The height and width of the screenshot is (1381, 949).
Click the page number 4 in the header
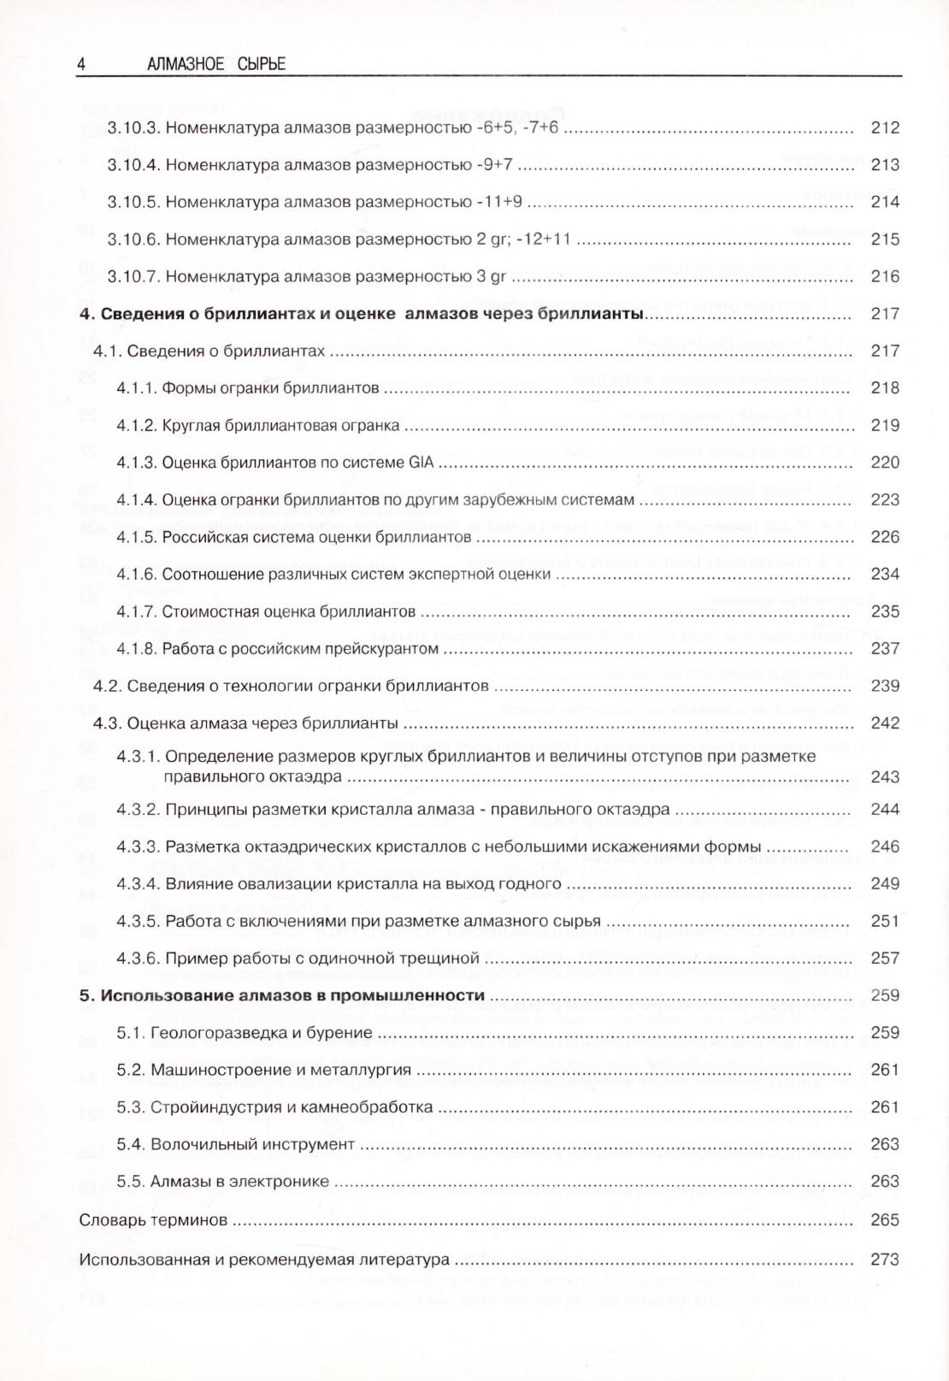[x=81, y=64]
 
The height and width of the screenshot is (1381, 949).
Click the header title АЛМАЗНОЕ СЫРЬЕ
[x=216, y=64]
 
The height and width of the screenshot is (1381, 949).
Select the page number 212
[x=885, y=128]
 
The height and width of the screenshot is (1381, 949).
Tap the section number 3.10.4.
[x=133, y=165]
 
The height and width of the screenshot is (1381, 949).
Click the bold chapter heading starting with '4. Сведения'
[x=361, y=314]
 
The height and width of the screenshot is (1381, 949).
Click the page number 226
[x=885, y=537]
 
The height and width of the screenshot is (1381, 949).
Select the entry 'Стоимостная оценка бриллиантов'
[x=289, y=611]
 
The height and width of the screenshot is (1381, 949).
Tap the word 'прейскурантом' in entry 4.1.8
[x=386, y=649]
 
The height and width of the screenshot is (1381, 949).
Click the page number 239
[x=885, y=686]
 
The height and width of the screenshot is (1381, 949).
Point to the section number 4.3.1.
[x=138, y=757]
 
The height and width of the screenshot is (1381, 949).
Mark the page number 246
[x=885, y=847]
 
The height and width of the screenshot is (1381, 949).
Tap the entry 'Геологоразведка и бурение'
[x=262, y=1033]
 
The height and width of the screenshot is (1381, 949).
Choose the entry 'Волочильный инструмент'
[x=252, y=1144]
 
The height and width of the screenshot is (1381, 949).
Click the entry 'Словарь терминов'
[x=153, y=1220]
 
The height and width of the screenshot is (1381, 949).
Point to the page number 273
[x=885, y=1260]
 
